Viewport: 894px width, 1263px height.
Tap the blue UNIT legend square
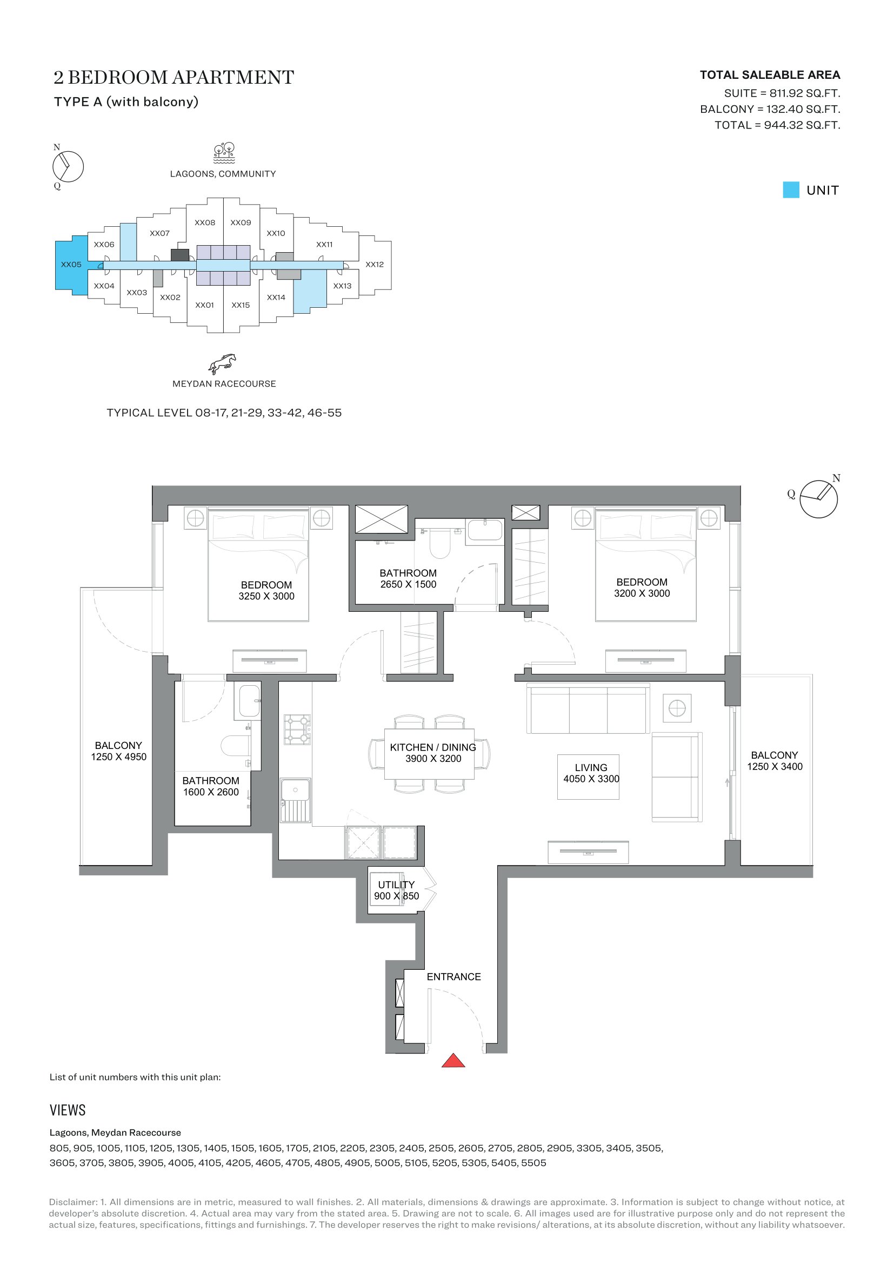(x=791, y=190)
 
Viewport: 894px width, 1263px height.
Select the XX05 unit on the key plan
(x=71, y=265)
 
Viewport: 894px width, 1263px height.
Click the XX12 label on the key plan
(x=375, y=265)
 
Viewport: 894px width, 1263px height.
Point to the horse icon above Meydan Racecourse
(x=222, y=363)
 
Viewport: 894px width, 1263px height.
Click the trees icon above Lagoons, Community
(x=224, y=153)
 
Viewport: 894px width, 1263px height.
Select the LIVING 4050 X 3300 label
(x=591, y=773)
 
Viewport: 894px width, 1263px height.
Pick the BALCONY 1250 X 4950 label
(x=118, y=751)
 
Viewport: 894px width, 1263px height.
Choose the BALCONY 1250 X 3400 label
(x=775, y=761)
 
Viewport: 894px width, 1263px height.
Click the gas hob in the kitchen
(x=297, y=730)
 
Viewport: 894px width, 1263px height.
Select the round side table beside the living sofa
(x=677, y=708)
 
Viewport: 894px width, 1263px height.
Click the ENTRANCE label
(x=453, y=976)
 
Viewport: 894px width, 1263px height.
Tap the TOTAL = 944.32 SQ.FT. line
(x=777, y=125)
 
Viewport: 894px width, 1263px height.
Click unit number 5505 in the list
(x=533, y=1163)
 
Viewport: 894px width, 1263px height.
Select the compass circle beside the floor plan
(x=818, y=499)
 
